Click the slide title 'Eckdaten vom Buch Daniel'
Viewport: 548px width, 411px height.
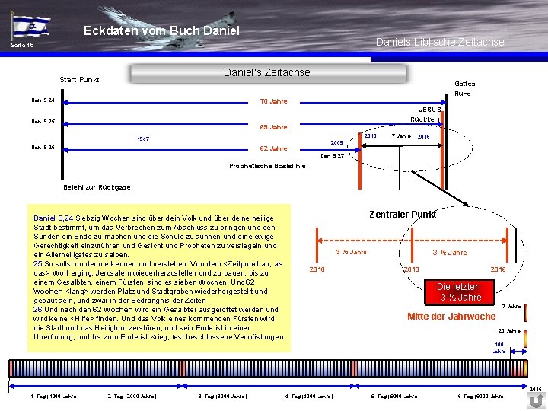pyautogui.click(x=161, y=30)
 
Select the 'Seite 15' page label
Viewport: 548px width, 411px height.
pyautogui.click(x=22, y=46)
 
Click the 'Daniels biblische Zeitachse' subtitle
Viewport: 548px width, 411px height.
pyautogui.click(x=440, y=42)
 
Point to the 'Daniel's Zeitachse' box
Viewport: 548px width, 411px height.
pyautogui.click(x=267, y=72)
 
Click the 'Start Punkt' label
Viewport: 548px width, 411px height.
pyautogui.click(x=79, y=79)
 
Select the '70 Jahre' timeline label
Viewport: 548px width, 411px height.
pyautogui.click(x=273, y=101)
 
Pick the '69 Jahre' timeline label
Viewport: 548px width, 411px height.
pyautogui.click(x=273, y=127)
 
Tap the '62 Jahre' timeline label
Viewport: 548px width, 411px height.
pyautogui.click(x=273, y=148)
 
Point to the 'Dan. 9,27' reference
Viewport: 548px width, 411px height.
pyautogui.click(x=333, y=155)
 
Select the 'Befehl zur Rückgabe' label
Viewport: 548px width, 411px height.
pyautogui.click(x=96, y=187)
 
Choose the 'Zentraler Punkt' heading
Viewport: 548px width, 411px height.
pyautogui.click(x=403, y=214)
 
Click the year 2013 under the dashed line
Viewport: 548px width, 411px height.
pyautogui.click(x=411, y=269)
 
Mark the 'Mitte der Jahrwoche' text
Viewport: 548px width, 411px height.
pyautogui.click(x=451, y=317)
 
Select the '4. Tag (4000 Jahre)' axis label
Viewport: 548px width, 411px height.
pyautogui.click(x=308, y=397)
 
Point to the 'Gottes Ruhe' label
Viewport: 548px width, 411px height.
pyautogui.click(x=464, y=88)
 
